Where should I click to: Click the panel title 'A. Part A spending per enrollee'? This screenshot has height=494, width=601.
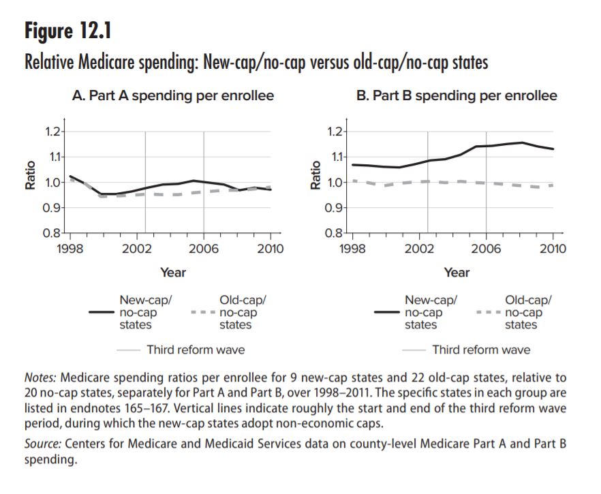coord(172,96)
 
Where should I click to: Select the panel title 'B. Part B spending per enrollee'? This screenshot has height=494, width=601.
coord(457,96)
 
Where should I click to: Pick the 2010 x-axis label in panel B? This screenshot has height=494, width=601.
coord(552,249)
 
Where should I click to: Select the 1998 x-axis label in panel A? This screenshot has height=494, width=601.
coord(71,249)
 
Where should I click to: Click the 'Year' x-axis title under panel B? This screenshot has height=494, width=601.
coord(457,273)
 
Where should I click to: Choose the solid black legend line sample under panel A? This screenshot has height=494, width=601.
coord(102,312)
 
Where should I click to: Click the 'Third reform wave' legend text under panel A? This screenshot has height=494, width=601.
coord(196,350)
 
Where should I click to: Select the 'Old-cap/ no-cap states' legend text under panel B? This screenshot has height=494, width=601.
coord(528,312)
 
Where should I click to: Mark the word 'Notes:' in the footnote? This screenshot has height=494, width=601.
coord(42,377)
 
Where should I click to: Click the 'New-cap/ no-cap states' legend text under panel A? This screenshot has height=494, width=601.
coord(142,312)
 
